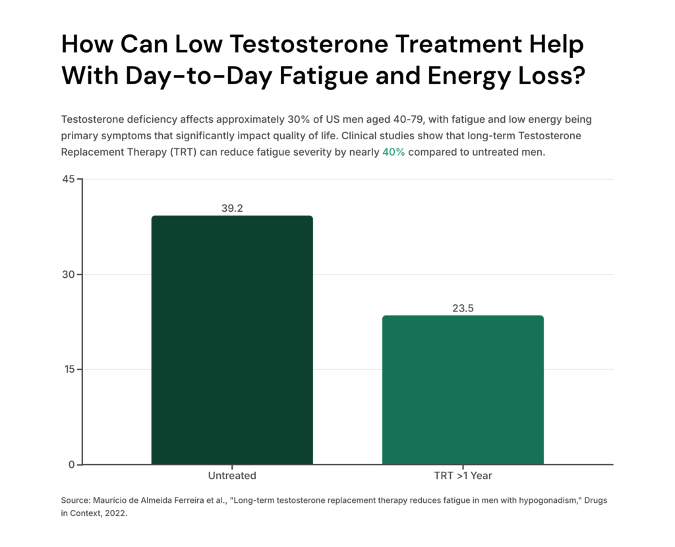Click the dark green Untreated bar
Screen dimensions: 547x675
point(232,340)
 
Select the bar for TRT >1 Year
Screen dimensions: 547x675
point(463,390)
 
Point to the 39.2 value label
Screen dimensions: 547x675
point(232,208)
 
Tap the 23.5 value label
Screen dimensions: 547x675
point(463,308)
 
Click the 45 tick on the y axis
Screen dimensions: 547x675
point(67,179)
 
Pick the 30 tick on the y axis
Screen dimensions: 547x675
point(67,274)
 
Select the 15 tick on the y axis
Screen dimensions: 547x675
point(67,370)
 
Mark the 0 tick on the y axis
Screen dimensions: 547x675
point(71,465)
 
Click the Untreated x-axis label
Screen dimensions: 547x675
point(232,475)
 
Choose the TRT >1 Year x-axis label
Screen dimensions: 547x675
point(463,475)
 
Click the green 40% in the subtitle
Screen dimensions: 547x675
point(394,152)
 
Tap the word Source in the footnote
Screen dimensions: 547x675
point(76,501)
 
